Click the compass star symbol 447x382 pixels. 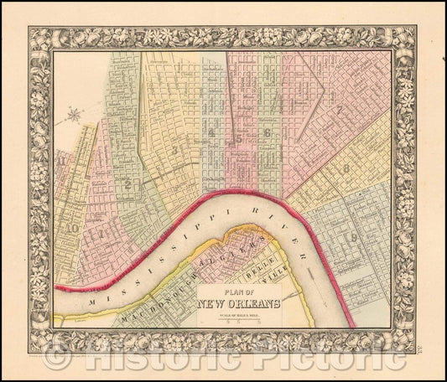tap(75, 114)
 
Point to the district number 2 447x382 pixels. tap(127, 183)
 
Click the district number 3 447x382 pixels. tap(174, 149)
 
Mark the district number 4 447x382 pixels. tap(213, 132)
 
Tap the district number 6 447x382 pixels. tap(267, 132)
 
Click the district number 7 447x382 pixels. tap(339, 110)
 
